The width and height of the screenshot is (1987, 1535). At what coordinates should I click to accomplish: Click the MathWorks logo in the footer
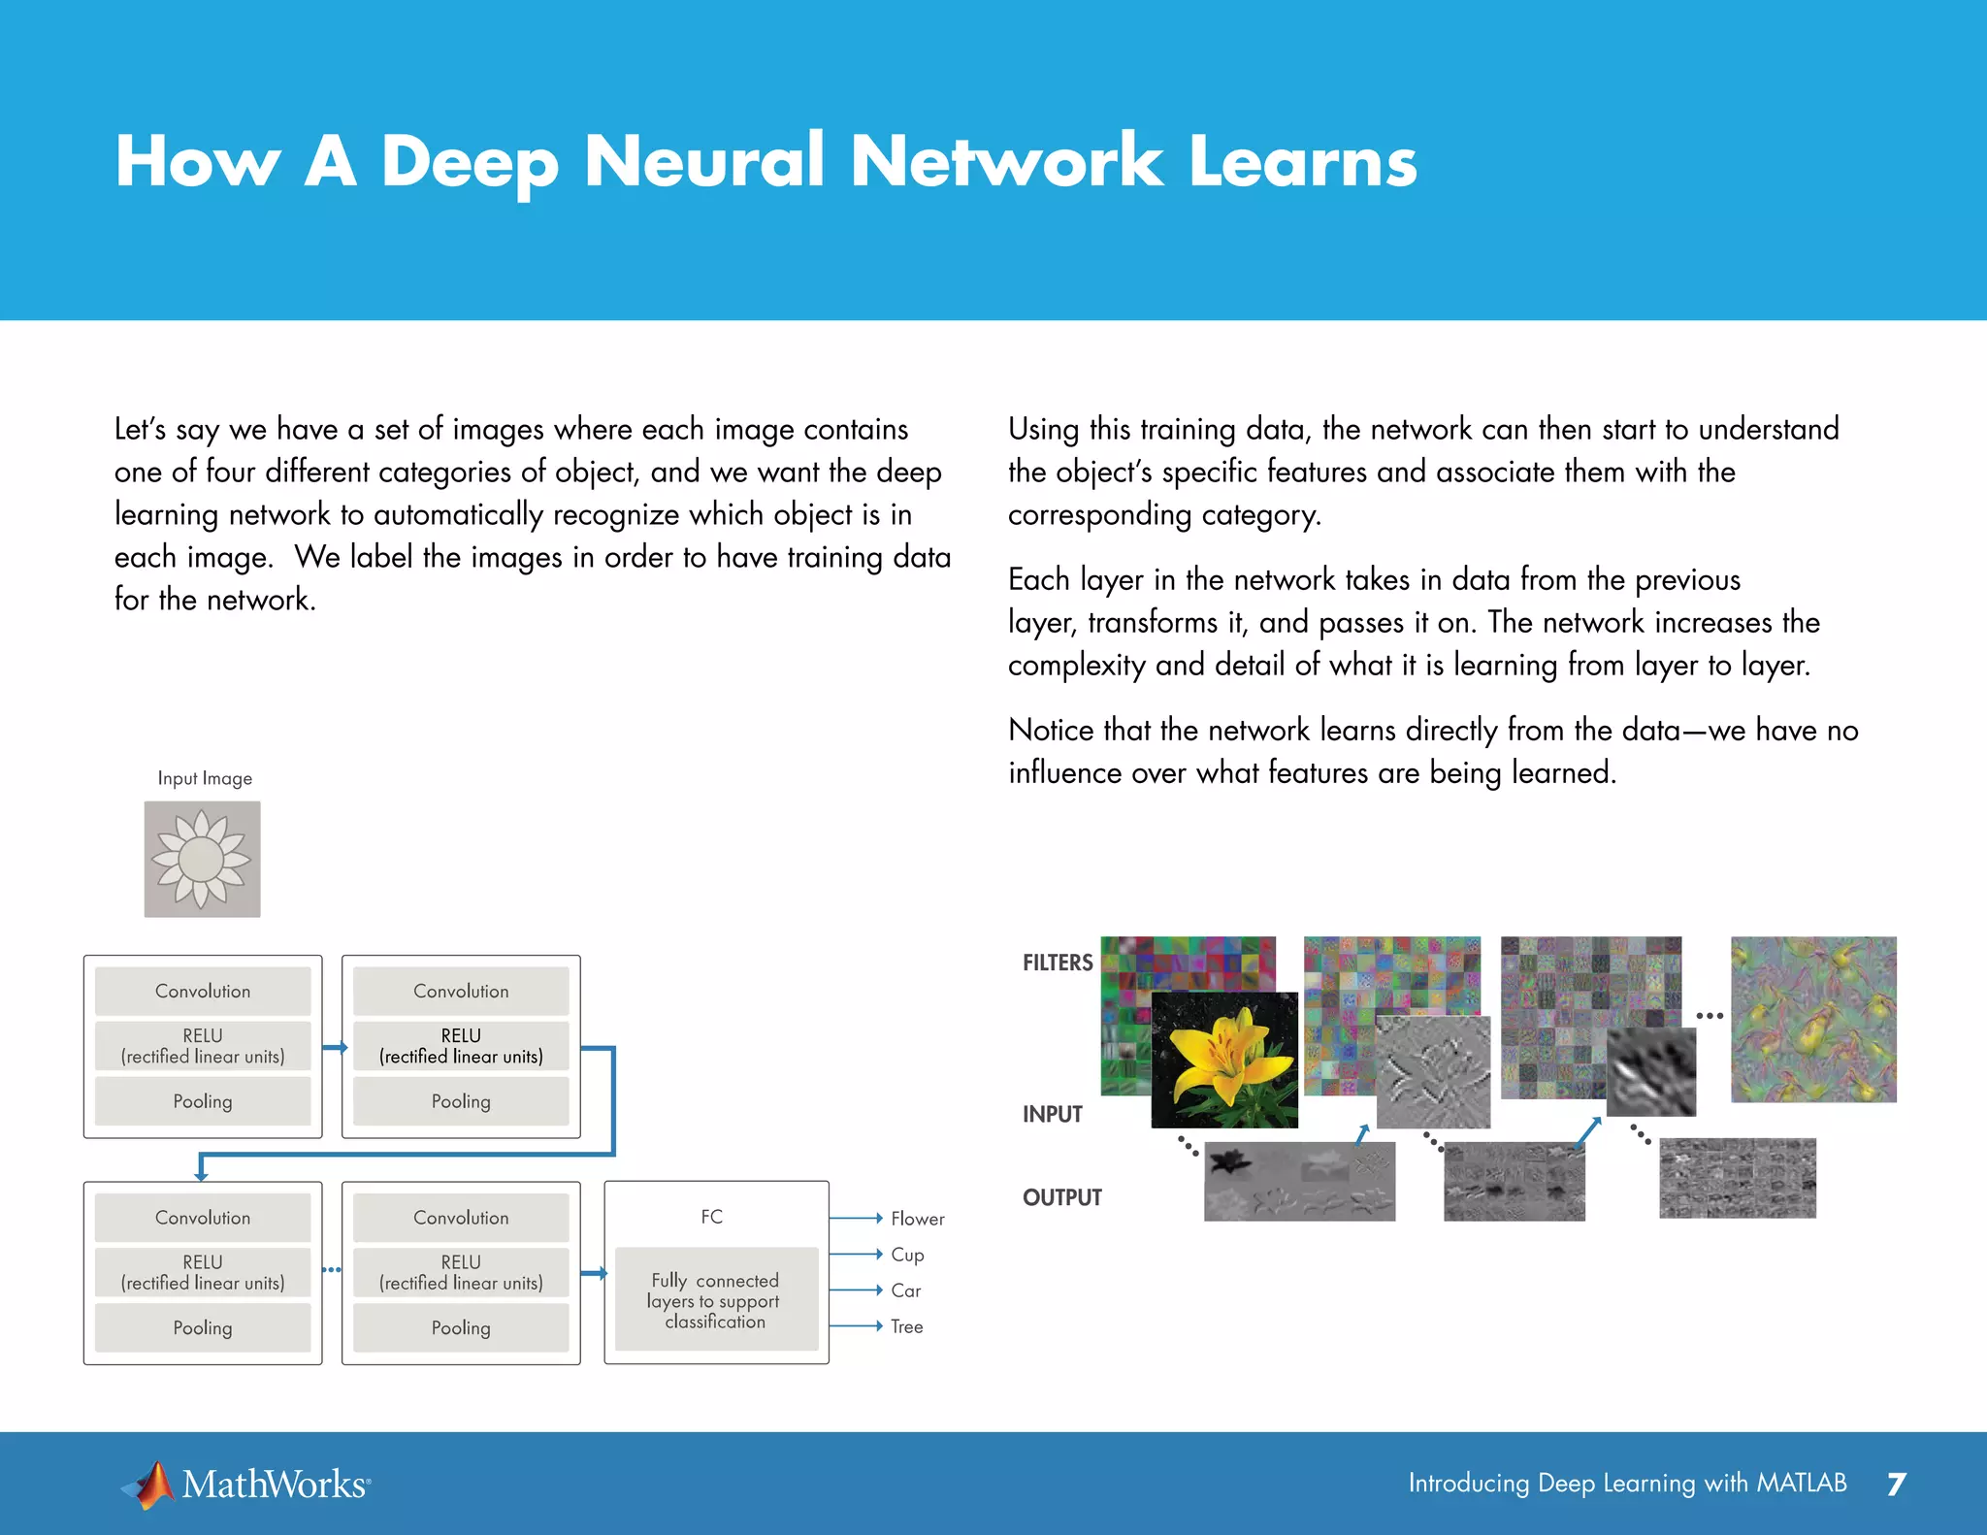click(x=246, y=1485)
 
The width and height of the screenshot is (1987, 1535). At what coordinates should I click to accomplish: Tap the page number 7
click(x=1897, y=1485)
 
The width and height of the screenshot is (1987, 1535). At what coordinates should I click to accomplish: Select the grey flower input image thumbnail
click(x=202, y=859)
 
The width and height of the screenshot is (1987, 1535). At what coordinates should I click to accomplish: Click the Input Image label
click(x=205, y=778)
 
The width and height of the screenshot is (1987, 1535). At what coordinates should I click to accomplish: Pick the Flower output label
click(x=917, y=1219)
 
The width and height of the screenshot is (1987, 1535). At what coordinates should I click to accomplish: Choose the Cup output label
click(x=907, y=1255)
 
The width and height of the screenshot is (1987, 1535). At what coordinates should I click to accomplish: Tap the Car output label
click(x=905, y=1290)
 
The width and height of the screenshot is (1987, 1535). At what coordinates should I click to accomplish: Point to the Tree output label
click(x=906, y=1326)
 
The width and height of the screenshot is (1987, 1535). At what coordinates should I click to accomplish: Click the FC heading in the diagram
click(x=711, y=1217)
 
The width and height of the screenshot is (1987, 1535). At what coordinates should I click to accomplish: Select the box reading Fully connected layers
click(x=716, y=1300)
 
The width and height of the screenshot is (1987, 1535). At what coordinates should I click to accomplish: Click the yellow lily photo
click(x=1224, y=1060)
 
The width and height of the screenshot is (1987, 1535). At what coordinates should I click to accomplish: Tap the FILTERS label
click(x=1058, y=963)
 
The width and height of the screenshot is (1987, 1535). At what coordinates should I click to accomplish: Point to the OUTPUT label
click(x=1062, y=1197)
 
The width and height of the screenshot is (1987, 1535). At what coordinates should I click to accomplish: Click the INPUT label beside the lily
click(x=1052, y=1114)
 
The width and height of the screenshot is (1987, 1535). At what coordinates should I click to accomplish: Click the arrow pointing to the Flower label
click(x=856, y=1219)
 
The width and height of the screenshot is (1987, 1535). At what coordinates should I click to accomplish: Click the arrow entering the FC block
click(x=594, y=1273)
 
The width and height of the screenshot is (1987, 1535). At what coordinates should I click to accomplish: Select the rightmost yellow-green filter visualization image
click(x=1813, y=1019)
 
